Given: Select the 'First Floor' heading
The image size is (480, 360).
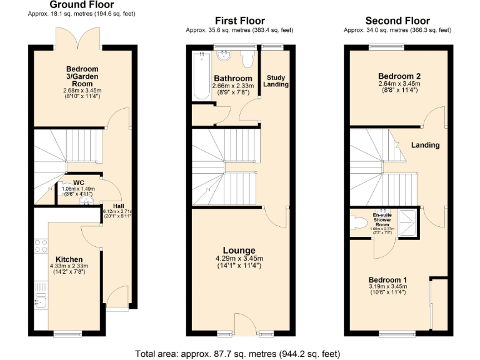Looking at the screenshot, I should pos(239,21).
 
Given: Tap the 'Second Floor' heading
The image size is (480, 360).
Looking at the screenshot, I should pos(397,21).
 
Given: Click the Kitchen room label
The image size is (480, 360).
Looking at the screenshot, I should pos(69,259).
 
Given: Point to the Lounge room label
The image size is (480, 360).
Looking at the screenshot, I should pos(239,250).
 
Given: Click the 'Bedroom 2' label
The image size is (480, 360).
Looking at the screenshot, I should pos(399,76).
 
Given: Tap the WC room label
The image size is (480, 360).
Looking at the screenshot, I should pos(79,183).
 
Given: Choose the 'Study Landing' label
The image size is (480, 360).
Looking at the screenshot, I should pos(275,81).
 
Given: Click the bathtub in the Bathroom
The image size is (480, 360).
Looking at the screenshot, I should pos(202,75).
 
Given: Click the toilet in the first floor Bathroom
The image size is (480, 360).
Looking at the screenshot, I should pos(247,59).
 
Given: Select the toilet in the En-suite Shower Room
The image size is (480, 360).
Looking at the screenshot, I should pos(359,223).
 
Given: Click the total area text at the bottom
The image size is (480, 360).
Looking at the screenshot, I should pos(237,354).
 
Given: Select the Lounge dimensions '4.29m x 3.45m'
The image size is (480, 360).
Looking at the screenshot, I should pos(239,259).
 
